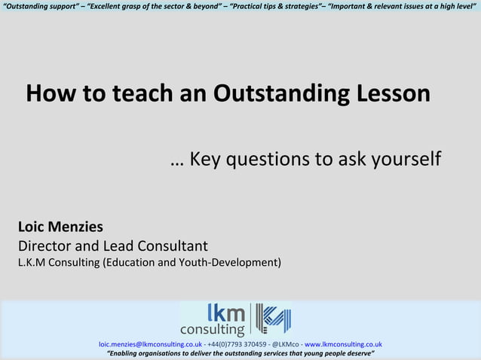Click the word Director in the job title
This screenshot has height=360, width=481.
click(46, 246)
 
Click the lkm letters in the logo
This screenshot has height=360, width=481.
click(226, 313)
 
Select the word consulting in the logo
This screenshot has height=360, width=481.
click(212, 329)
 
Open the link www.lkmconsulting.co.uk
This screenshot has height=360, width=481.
click(343, 344)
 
